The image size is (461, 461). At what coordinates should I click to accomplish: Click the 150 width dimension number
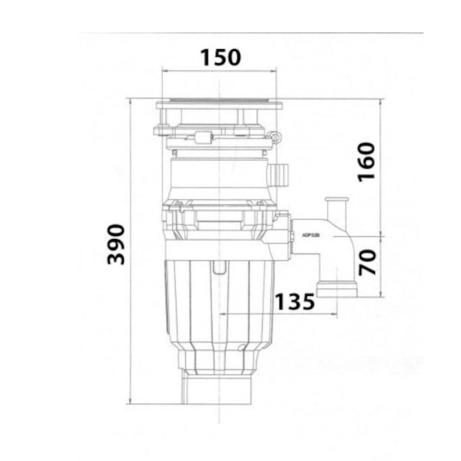pyautogui.click(x=221, y=57)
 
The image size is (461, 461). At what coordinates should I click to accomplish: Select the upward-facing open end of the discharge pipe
pyautogui.click(x=335, y=201)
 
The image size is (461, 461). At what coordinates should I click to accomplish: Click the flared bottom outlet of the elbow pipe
pyautogui.click(x=337, y=291)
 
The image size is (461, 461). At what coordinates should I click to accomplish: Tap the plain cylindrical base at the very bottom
pyautogui.click(x=220, y=388)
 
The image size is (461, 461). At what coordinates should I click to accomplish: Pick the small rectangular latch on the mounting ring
pyautogui.click(x=204, y=138)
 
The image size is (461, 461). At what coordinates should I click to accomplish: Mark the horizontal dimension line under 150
pyautogui.click(x=220, y=71)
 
